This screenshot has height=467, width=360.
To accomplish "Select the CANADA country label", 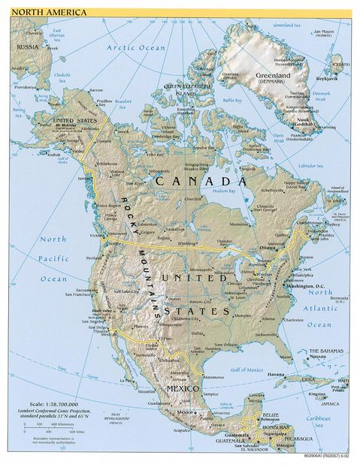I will click(201, 181).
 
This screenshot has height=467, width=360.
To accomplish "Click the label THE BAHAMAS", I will click(328, 351).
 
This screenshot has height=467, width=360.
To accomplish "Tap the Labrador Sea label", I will click(309, 164).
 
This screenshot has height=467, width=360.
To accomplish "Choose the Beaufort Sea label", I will click(124, 99).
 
